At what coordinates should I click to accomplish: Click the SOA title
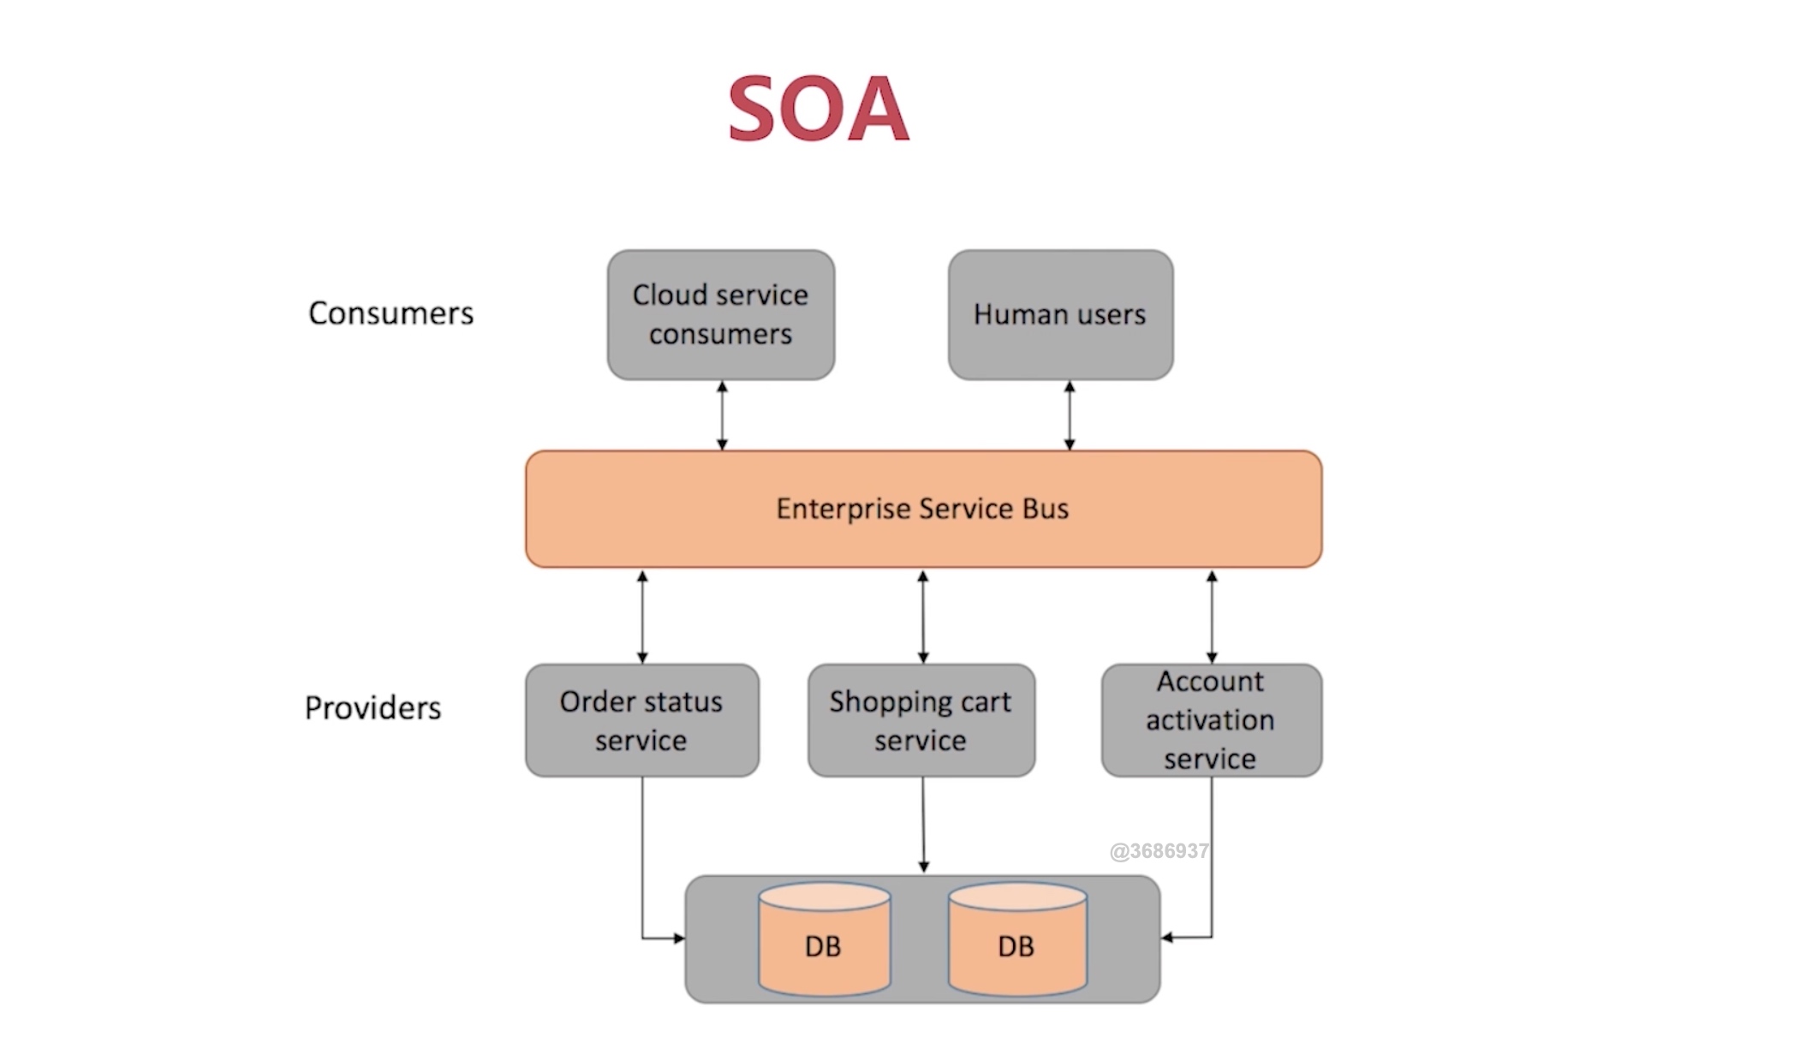click(818, 109)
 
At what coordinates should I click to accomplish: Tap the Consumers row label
click(390, 313)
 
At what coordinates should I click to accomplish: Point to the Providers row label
click(373, 708)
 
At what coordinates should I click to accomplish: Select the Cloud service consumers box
click(720, 314)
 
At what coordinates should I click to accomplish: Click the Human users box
click(1060, 314)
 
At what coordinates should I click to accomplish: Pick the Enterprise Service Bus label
click(922, 509)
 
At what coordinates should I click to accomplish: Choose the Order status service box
click(641, 720)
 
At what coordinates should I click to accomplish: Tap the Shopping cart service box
click(921, 720)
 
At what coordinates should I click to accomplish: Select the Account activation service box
click(1211, 720)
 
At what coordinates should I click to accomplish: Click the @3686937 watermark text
click(1159, 851)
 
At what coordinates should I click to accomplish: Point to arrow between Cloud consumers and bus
click(722, 415)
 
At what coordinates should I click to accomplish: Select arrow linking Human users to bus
click(1070, 415)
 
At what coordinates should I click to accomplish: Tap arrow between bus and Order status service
click(642, 617)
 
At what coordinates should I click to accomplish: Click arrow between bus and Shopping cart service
click(923, 617)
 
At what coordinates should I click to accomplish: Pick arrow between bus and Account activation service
click(1212, 617)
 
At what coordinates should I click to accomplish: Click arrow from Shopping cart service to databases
click(923, 825)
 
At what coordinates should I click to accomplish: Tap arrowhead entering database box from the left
click(678, 939)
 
